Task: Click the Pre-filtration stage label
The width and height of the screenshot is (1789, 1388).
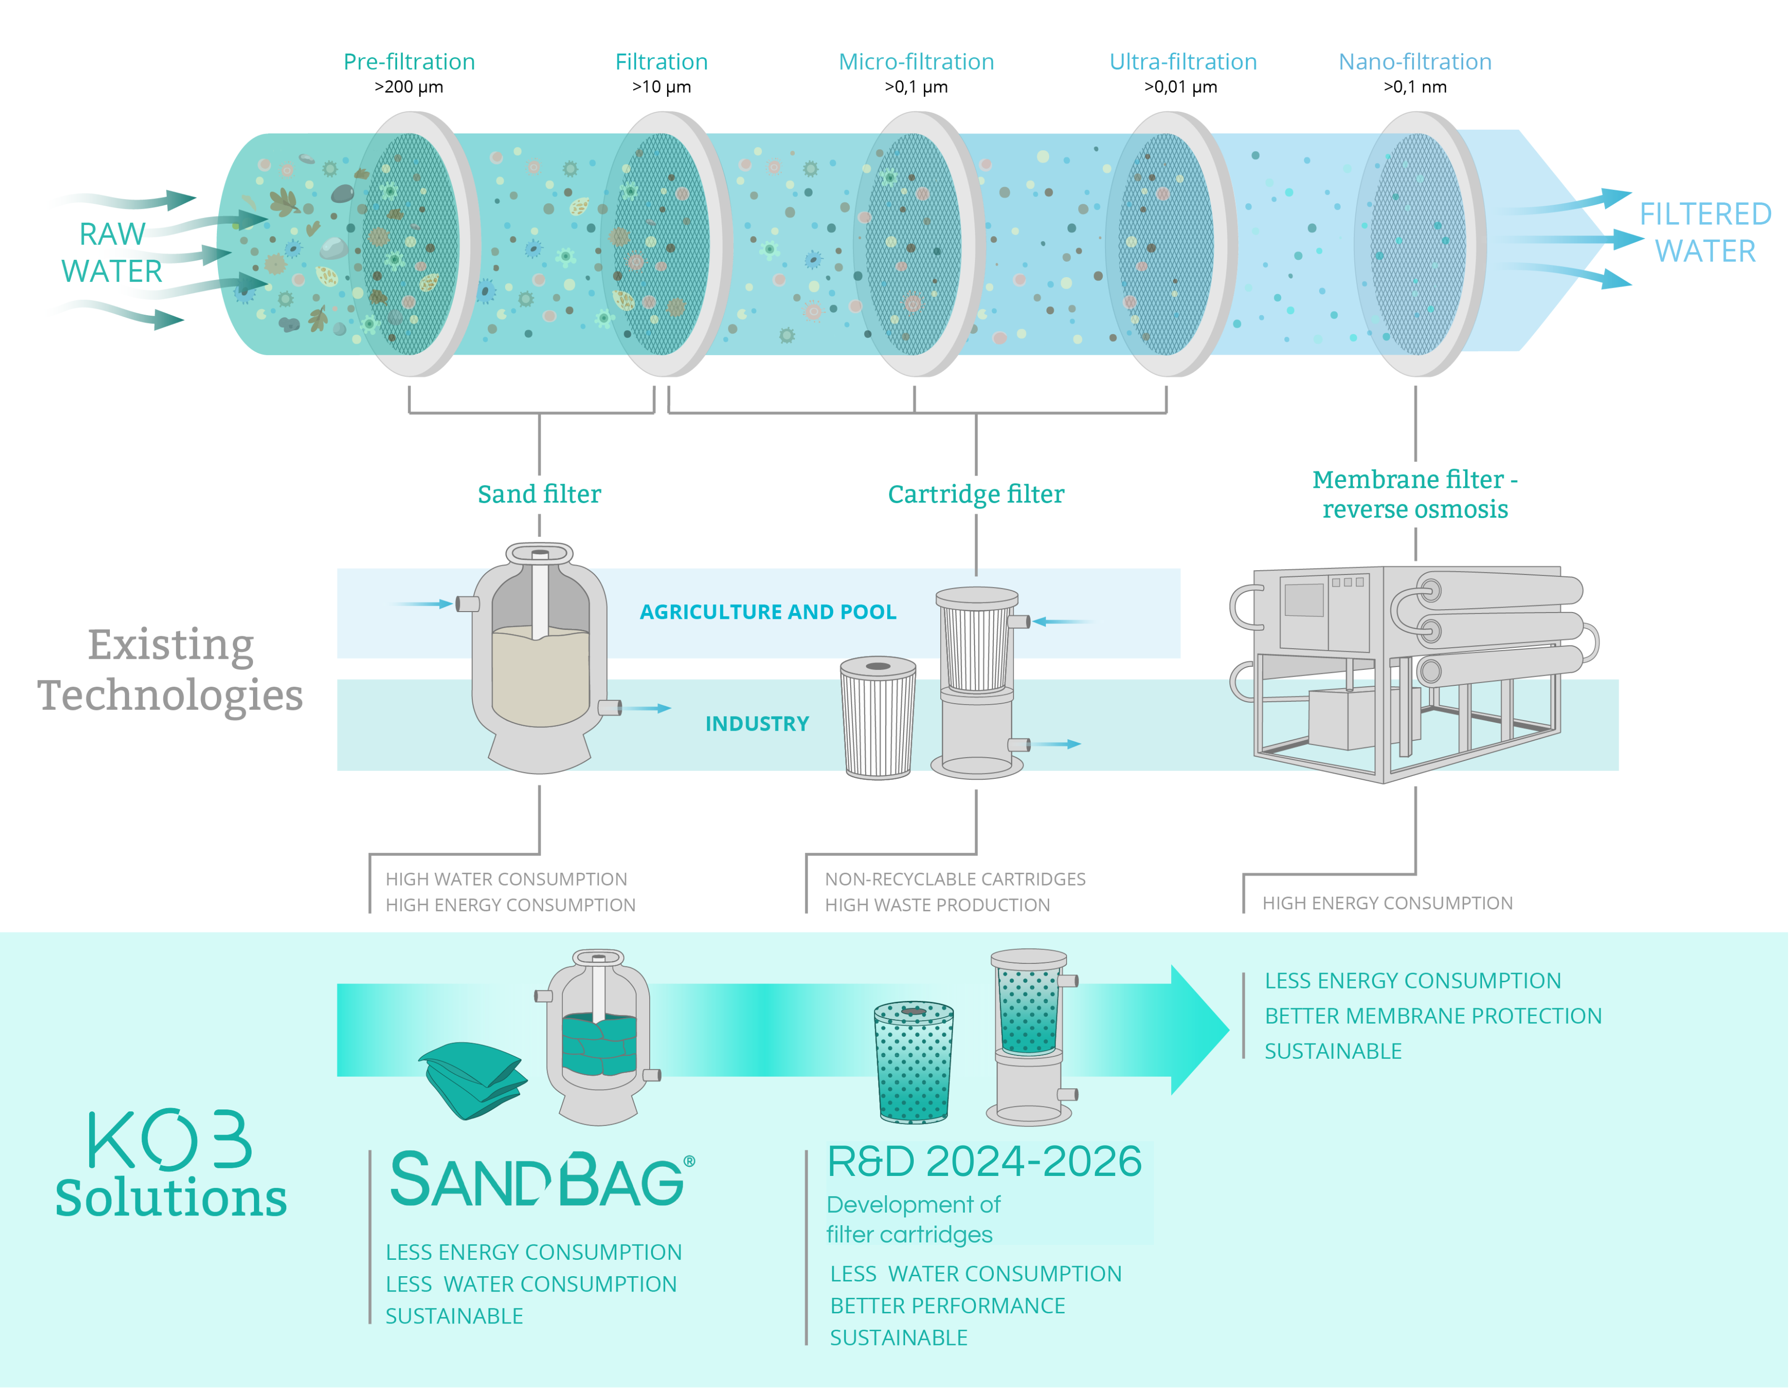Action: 409,62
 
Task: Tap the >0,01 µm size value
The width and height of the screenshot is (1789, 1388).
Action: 1180,87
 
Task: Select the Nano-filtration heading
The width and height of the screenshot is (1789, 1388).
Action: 1415,62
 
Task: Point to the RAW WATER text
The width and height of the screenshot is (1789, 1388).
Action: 112,253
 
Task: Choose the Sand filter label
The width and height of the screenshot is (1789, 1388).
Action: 539,494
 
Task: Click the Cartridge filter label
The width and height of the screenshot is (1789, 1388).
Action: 975,494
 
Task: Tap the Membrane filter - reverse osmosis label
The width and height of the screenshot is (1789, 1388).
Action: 1415,494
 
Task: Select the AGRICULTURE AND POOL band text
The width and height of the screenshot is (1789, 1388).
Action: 768,612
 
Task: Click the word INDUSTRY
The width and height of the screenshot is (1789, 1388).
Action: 757,723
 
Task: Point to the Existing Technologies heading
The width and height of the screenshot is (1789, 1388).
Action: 171,669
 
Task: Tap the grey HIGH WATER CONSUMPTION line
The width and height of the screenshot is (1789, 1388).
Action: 506,879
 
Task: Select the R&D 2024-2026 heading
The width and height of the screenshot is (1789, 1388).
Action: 985,1161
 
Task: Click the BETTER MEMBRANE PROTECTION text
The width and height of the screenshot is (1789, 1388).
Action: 1433,1016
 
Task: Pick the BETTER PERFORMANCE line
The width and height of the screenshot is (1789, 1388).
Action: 948,1306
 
